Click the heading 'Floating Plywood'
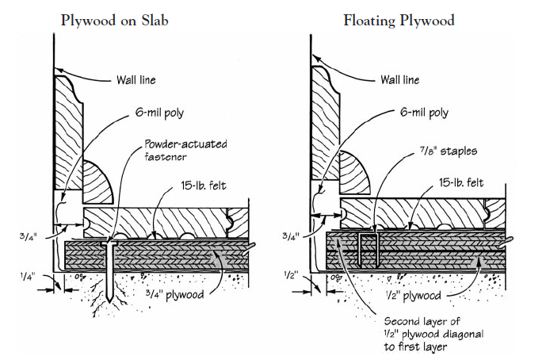tap(399, 20)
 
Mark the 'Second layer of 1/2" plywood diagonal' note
tap(425, 332)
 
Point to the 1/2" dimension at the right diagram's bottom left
tap(292, 274)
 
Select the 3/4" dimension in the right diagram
tap(292, 235)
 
